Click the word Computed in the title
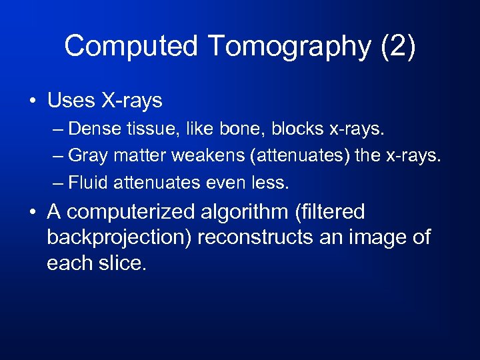(131, 47)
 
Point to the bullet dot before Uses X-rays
(32, 102)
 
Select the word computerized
(133, 212)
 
